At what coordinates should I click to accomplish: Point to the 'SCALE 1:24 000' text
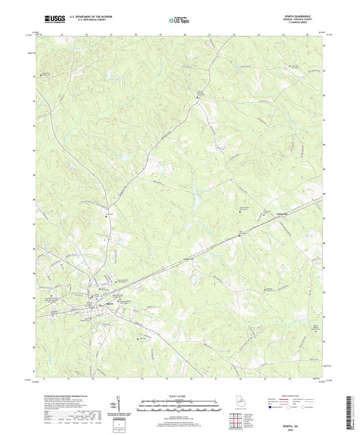point(179,395)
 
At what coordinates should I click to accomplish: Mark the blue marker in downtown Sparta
point(92,295)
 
